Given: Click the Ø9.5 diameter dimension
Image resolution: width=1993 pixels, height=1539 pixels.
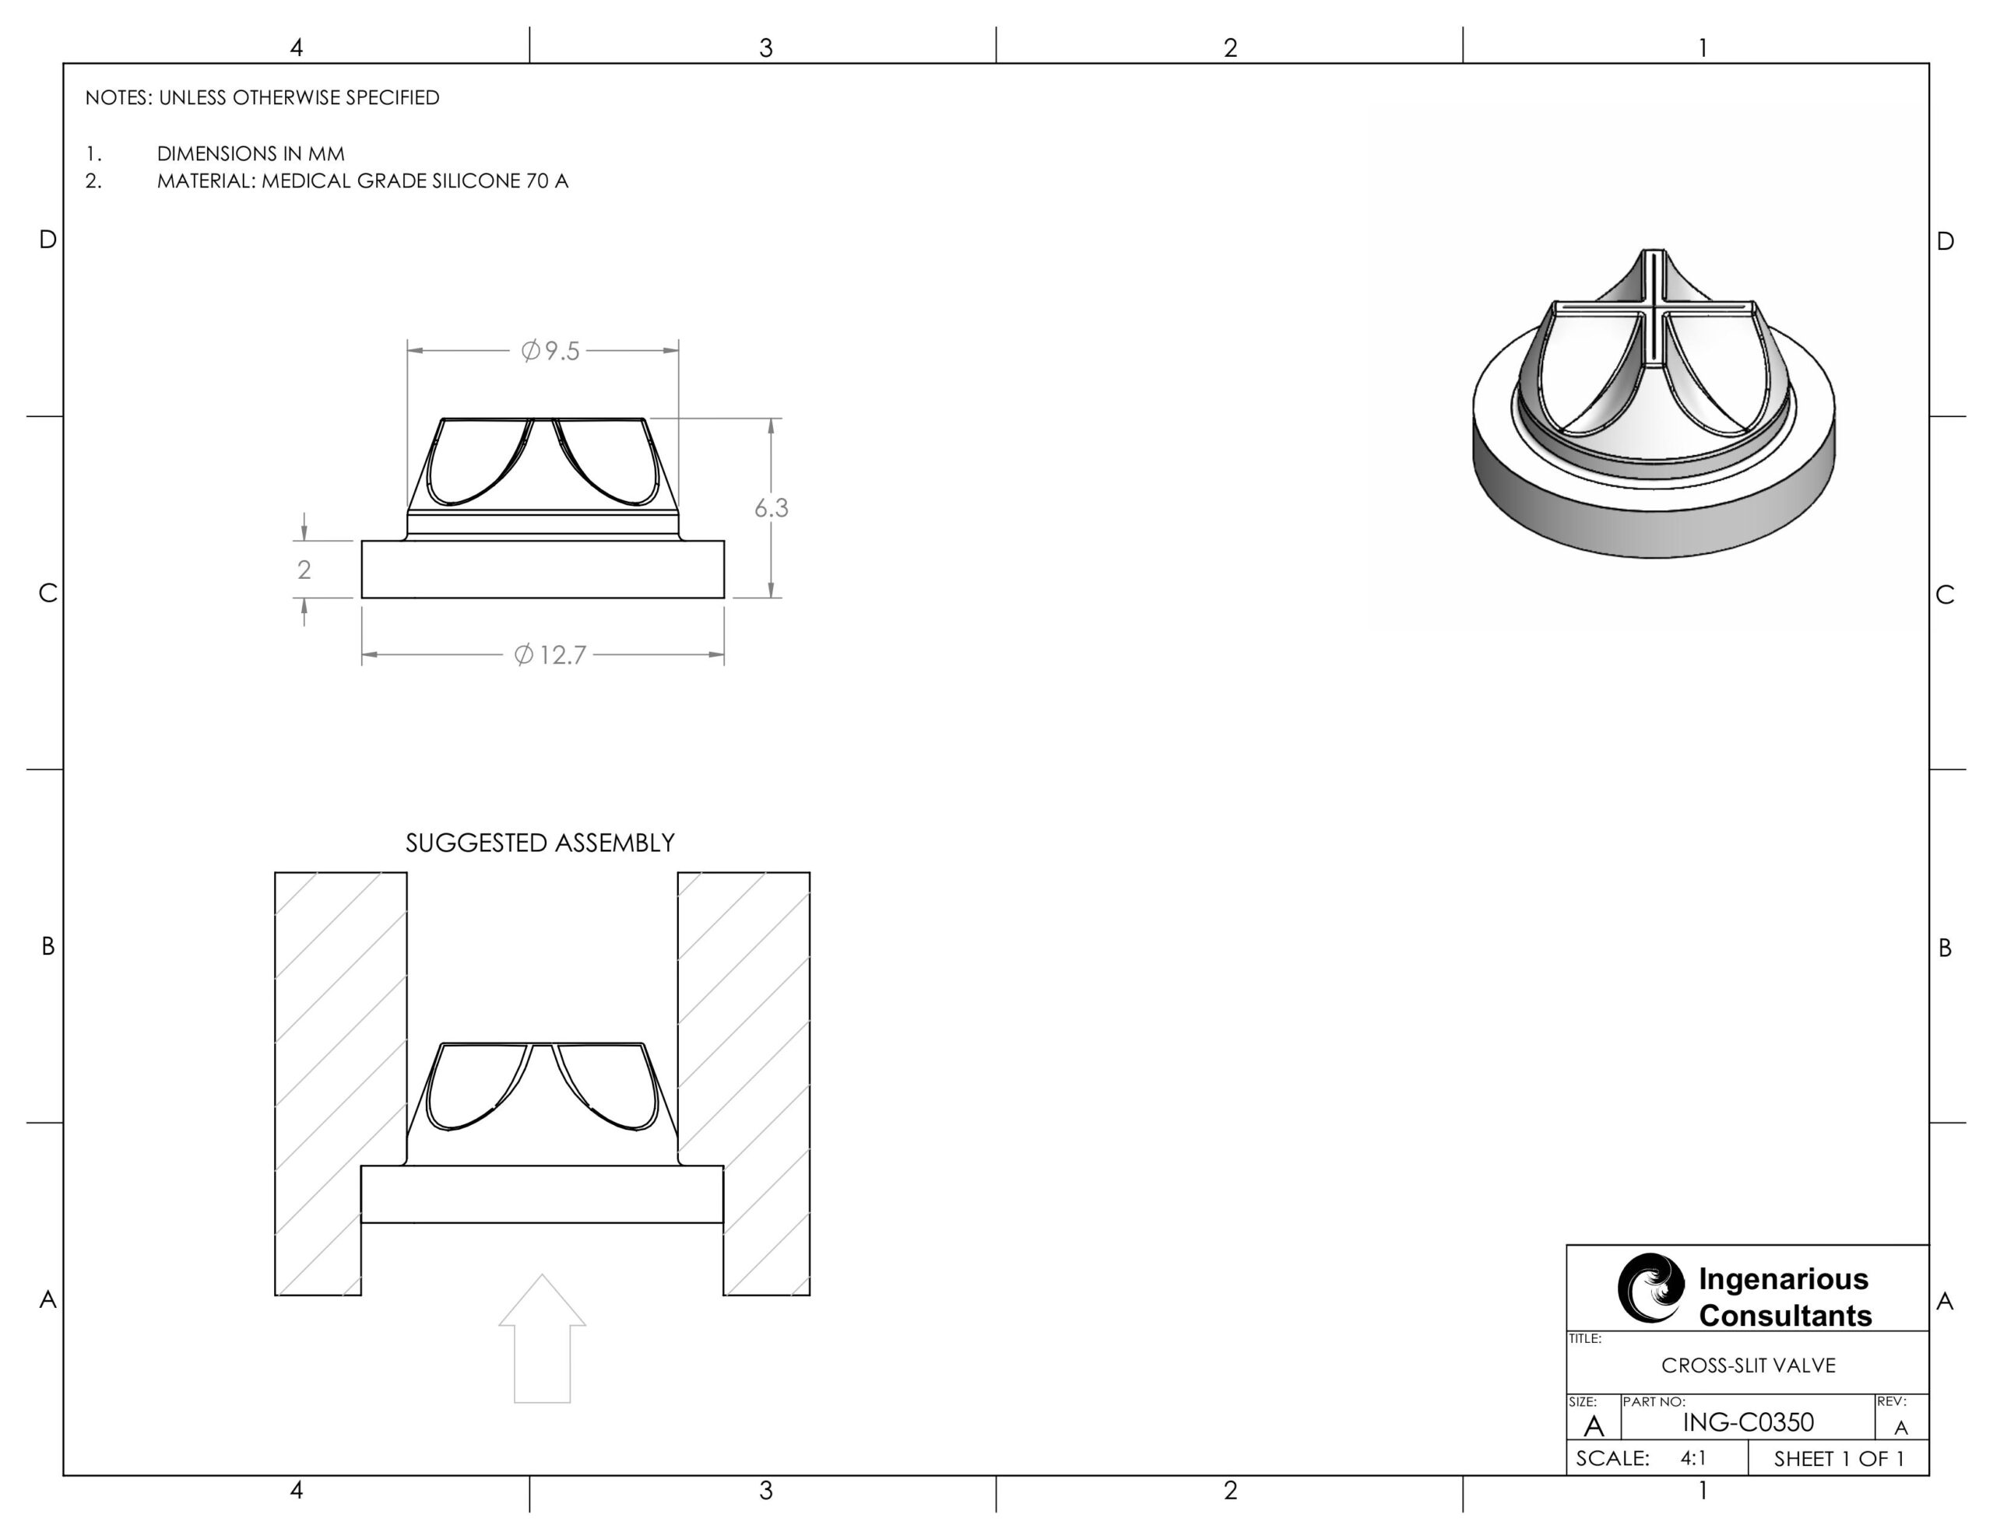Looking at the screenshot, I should (x=550, y=351).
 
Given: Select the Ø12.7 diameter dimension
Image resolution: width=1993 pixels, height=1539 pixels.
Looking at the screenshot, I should (x=550, y=655).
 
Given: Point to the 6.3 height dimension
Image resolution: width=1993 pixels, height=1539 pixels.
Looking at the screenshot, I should (x=771, y=508).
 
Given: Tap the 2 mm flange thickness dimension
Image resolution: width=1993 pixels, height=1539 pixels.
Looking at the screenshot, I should (x=304, y=570).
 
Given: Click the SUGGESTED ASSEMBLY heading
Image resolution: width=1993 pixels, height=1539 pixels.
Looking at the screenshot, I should (x=540, y=843).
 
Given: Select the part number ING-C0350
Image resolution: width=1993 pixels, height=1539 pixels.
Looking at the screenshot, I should (x=1748, y=1422).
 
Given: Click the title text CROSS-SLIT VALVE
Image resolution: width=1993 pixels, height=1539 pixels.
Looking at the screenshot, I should (x=1748, y=1365).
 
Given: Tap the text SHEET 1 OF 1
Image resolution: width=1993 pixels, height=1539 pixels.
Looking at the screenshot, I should (x=1839, y=1459).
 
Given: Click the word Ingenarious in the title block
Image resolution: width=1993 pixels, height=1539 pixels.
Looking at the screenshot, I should (x=1783, y=1279).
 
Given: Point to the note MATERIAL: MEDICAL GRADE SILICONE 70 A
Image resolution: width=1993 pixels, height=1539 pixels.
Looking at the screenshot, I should (x=362, y=181).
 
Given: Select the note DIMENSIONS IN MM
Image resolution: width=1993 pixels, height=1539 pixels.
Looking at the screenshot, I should (x=250, y=153).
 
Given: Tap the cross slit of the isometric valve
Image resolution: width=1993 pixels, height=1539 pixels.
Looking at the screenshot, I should (x=1654, y=310).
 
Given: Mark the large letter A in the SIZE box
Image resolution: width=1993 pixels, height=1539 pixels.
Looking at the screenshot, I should (x=1594, y=1425).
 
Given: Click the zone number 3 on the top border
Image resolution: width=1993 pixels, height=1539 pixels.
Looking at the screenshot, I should (x=765, y=47).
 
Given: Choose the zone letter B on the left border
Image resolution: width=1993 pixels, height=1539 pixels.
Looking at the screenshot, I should (x=47, y=946).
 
